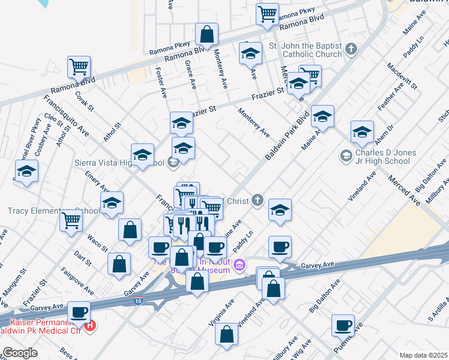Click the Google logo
[x=20, y=353]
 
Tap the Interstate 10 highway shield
[x=137, y=301]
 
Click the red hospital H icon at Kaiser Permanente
[x=90, y=326]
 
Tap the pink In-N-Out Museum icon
[x=240, y=265]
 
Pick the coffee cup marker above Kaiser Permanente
[x=79, y=313]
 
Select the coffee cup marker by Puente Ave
[x=343, y=325]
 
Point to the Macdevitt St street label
[x=402, y=76]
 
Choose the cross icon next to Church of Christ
[x=257, y=200]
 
